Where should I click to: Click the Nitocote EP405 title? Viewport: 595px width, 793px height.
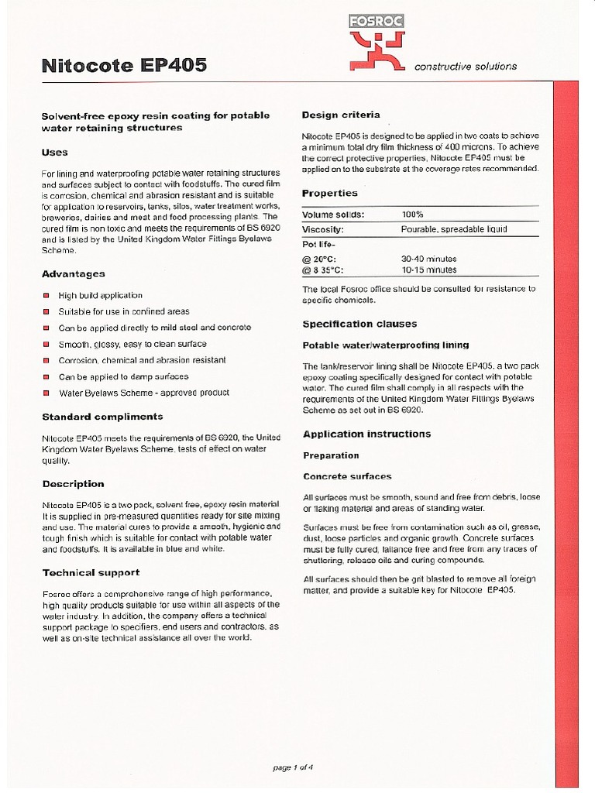pyautogui.click(x=124, y=66)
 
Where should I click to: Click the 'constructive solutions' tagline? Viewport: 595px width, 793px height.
pyautogui.click(x=466, y=67)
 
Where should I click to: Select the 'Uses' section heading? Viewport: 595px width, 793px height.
pyautogui.click(x=55, y=153)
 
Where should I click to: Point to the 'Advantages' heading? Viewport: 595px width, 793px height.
pyautogui.click(x=73, y=274)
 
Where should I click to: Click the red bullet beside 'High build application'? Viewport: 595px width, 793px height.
pyautogui.click(x=46, y=295)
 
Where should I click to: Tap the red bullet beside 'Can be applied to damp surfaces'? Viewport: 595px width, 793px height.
pyautogui.click(x=46, y=376)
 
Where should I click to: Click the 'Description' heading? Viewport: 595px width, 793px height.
pyautogui.click(x=73, y=484)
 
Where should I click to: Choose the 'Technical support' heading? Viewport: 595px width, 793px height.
pyautogui.click(x=91, y=572)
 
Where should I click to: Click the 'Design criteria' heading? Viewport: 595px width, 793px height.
pyautogui.click(x=341, y=115)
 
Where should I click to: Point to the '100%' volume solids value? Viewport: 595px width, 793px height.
pyautogui.click(x=413, y=215)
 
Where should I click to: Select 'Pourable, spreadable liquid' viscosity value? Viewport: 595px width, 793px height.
pyautogui.click(x=454, y=229)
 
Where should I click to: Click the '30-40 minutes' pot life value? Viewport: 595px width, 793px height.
pyautogui.click(x=428, y=259)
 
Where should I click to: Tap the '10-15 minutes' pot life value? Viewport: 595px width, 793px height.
pyautogui.click(x=428, y=270)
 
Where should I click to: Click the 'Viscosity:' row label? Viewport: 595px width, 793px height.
pyautogui.click(x=323, y=229)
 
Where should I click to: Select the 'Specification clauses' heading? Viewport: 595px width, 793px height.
pyautogui.click(x=359, y=324)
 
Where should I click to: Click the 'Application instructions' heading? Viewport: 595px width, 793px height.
pyautogui.click(x=366, y=434)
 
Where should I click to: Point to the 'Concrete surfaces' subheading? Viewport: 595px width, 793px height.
pyautogui.click(x=347, y=476)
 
